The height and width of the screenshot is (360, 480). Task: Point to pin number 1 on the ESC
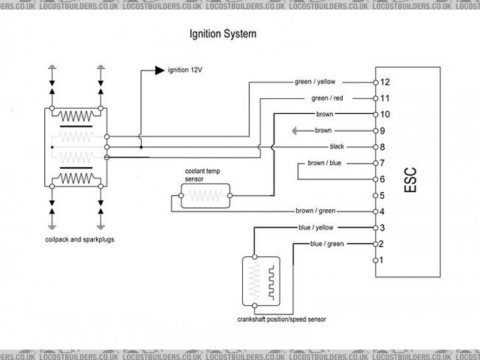tap(383, 260)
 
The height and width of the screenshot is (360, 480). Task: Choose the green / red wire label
tap(326, 97)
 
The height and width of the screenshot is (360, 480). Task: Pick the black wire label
tap(337, 146)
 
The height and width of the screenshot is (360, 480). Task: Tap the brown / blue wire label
tap(325, 163)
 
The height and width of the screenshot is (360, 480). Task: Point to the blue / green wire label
tap(327, 244)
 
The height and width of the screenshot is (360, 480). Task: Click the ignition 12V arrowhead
tap(159, 70)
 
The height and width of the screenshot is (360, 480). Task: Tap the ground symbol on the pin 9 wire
tap(297, 130)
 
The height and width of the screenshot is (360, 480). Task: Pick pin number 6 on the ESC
tap(383, 178)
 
